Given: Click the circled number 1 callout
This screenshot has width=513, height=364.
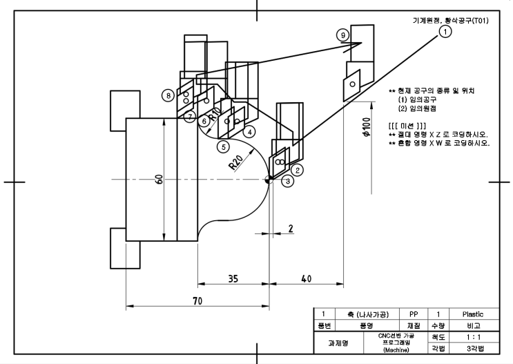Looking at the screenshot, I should click(446, 31).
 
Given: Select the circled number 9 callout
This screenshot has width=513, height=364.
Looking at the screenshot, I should click(342, 34).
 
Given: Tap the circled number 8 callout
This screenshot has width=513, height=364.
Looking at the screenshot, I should click(168, 95).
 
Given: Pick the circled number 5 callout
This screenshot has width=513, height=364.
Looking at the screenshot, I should click(222, 146).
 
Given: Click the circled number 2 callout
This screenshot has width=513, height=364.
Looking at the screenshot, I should click(298, 169).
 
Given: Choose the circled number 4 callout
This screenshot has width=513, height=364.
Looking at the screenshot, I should click(249, 131).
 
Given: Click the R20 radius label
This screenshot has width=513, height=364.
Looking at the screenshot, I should click(235, 163).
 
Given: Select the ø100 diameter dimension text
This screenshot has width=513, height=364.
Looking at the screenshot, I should click(367, 128).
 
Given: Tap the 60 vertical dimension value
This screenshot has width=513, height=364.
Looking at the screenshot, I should click(159, 180).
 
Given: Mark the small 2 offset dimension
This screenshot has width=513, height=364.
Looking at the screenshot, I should click(291, 228).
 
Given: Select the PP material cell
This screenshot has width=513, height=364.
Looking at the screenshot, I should click(414, 314).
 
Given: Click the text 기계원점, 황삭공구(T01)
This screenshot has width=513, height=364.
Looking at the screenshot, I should click(449, 20).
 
